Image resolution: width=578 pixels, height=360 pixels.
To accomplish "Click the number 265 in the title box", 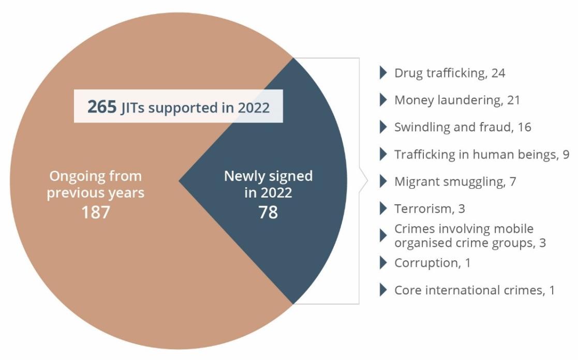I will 102,107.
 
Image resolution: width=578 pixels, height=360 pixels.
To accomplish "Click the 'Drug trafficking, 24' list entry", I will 450,73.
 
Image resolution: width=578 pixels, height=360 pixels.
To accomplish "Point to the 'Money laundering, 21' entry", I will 457,100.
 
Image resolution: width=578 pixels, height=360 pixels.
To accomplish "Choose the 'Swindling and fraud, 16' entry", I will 463,127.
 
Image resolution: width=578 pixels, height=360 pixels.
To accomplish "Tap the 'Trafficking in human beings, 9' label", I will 482,154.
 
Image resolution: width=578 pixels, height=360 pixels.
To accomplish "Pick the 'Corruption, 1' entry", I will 432,263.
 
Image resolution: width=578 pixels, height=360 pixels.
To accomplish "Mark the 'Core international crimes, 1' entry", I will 474,290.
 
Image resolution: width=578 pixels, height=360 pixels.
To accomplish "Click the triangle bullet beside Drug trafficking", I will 383,73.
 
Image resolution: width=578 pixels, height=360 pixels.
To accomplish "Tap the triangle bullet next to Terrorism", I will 383,208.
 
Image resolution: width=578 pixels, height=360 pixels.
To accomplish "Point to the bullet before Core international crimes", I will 383,290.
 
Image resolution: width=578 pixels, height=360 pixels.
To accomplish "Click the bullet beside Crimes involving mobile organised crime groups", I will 383,235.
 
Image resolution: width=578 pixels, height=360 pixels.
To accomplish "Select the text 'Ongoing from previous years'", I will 96,185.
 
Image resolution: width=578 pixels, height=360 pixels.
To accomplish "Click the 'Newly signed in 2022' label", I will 268,184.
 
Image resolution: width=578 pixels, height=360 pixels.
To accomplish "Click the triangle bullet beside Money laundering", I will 383,100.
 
